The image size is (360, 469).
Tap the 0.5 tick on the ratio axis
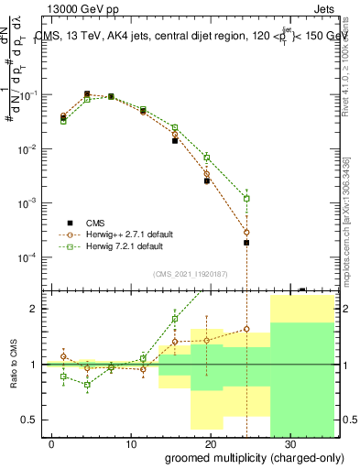point(28,420)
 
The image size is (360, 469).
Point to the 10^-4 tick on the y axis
point(27,257)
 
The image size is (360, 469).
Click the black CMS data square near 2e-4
point(246,243)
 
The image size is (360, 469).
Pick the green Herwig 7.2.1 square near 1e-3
point(246,198)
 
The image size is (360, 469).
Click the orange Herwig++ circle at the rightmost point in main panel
point(246,233)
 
